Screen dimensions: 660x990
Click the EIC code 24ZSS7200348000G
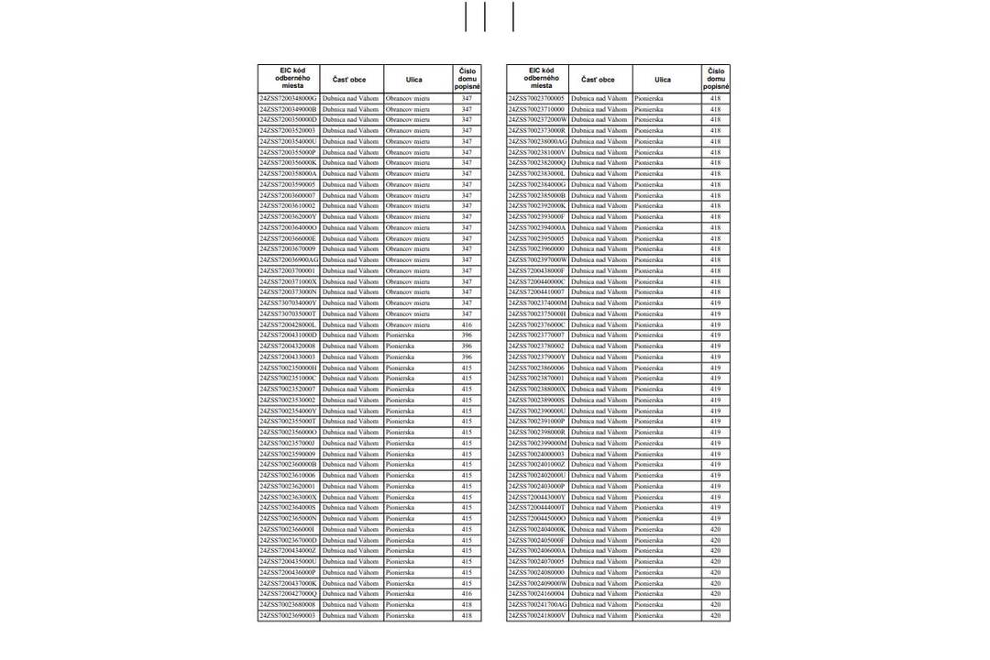pyautogui.click(x=288, y=98)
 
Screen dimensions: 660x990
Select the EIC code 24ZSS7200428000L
pyautogui.click(x=288, y=324)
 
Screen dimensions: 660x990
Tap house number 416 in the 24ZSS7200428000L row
pyautogui.click(x=467, y=324)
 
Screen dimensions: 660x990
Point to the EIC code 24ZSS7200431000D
pyautogui.click(x=288, y=335)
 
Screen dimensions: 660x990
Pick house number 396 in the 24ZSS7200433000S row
pyautogui.click(x=467, y=357)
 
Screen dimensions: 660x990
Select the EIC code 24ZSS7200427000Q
pyautogui.click(x=288, y=594)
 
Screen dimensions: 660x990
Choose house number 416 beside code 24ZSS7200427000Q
pyautogui.click(x=467, y=594)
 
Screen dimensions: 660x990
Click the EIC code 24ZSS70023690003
pyautogui.click(x=288, y=616)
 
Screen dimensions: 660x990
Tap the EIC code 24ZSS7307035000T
pyautogui.click(x=288, y=313)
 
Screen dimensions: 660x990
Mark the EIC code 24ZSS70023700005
pyautogui.click(x=537, y=98)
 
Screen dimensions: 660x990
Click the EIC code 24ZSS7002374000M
pyautogui.click(x=537, y=302)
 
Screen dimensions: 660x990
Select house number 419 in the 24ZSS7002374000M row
pyautogui.click(x=715, y=302)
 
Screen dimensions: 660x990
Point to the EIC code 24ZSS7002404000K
pyautogui.click(x=537, y=529)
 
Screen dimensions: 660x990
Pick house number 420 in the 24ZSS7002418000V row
pyautogui.click(x=715, y=616)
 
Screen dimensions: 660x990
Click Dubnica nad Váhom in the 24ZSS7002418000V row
pyautogui.click(x=599, y=616)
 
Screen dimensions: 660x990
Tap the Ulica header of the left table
pyautogui.click(x=414, y=80)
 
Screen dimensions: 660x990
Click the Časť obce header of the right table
pyautogui.click(x=599, y=80)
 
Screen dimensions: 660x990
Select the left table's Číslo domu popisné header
pyautogui.click(x=467, y=79)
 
